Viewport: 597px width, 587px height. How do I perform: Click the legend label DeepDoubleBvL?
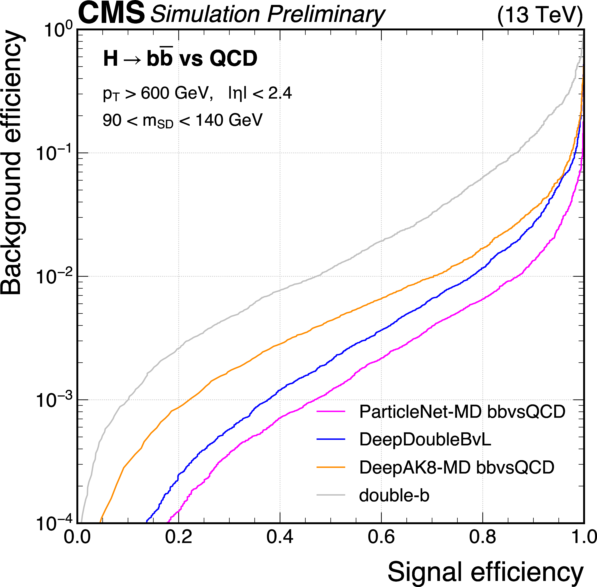click(x=425, y=439)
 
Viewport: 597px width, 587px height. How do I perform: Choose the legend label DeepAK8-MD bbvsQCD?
click(x=456, y=467)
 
